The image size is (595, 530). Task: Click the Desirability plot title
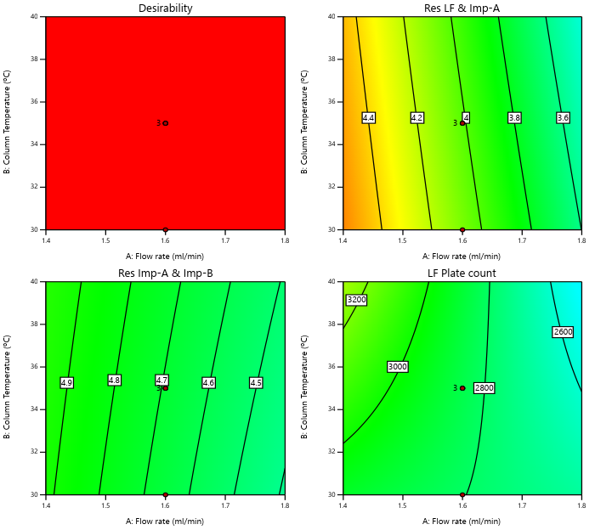tap(165, 8)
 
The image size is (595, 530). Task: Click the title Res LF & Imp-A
tap(462, 8)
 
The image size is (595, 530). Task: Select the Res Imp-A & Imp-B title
tap(165, 273)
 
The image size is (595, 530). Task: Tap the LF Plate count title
tap(462, 273)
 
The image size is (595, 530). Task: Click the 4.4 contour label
tap(368, 117)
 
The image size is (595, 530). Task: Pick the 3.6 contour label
tap(563, 117)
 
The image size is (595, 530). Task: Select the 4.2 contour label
tap(416, 117)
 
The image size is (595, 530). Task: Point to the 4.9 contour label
tap(66, 382)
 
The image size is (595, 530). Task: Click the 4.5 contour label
tap(256, 382)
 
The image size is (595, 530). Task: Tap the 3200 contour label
tap(356, 300)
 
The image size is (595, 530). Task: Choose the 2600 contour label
tap(563, 331)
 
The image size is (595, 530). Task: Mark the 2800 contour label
tap(484, 387)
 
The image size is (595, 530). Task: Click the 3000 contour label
tap(397, 366)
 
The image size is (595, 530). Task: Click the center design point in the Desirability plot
tap(165, 123)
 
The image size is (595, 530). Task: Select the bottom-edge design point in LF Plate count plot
tap(462, 494)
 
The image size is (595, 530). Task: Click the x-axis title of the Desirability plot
tap(165, 256)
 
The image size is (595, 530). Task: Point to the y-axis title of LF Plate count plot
tap(305, 387)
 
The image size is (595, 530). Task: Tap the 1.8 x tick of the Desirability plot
tap(284, 240)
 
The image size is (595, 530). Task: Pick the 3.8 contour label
tap(514, 117)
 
